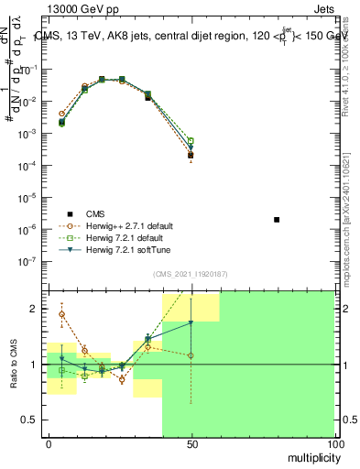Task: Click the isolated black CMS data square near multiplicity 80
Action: (277, 220)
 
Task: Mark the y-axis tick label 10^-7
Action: (31, 261)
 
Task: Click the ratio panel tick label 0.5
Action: (30, 420)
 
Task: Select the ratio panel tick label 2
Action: (35, 309)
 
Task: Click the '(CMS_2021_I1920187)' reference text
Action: (191, 273)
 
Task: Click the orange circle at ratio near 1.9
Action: (61, 314)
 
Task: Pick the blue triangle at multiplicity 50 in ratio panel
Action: (191, 322)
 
